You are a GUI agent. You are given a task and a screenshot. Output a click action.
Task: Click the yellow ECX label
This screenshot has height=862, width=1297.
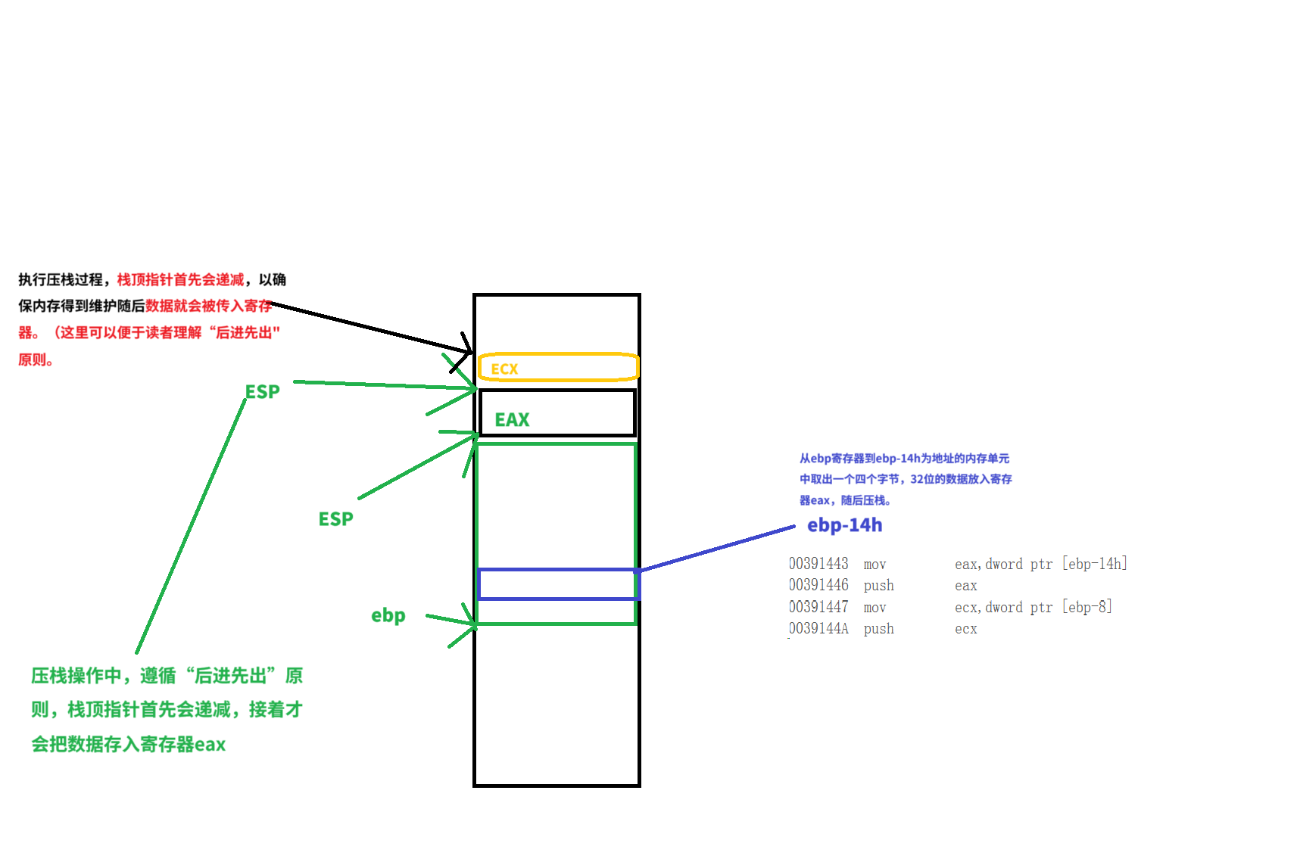504,369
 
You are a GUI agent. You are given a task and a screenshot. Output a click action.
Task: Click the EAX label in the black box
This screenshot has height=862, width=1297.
512,420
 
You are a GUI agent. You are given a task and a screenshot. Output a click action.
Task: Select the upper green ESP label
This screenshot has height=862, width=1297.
263,392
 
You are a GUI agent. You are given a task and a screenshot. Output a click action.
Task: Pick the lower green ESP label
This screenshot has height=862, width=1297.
335,519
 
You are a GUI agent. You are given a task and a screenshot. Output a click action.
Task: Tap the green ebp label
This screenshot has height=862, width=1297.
388,615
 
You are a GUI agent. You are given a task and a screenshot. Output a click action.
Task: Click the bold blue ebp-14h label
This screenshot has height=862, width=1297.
844,525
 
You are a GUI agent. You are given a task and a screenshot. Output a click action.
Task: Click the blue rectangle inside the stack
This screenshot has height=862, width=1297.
559,584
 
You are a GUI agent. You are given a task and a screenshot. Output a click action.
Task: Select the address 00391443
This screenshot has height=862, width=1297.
818,564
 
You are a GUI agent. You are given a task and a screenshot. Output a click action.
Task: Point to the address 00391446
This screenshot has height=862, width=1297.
818,585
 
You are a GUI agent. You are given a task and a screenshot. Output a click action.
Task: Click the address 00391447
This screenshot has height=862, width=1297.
818,607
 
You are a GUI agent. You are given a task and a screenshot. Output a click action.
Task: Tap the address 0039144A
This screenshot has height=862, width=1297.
818,629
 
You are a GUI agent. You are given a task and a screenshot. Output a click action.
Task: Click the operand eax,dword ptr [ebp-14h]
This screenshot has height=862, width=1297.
1040,564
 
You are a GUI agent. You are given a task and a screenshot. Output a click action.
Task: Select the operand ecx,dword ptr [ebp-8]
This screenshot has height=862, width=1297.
1033,607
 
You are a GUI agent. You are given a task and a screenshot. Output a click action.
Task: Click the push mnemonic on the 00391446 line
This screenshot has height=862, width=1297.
878,586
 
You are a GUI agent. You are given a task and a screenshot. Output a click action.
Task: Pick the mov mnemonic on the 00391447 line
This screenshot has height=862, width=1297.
875,608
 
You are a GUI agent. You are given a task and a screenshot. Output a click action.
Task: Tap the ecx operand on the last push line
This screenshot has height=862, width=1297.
965,629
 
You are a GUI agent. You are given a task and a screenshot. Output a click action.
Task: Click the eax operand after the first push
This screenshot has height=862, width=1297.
965,586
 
